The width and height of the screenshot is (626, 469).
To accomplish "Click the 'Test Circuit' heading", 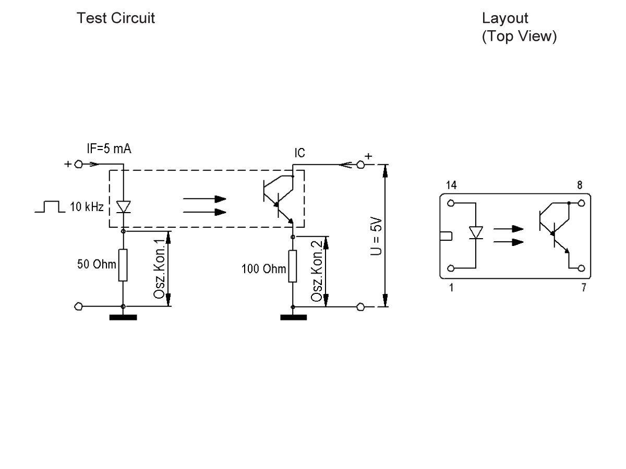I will [115, 19].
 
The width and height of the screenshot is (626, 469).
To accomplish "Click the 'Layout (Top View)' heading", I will [519, 28].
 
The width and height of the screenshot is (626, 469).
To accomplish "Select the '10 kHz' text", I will [87, 208].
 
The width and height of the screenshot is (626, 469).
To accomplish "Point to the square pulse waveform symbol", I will [49, 208].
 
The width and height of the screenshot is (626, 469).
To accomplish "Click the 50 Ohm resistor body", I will [123, 265].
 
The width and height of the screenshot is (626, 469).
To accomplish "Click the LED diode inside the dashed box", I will [123, 207].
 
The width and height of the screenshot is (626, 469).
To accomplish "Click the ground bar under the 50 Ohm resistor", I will [123, 317].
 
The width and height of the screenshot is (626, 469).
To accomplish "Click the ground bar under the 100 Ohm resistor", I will [293, 317].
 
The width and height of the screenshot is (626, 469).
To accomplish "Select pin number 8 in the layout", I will [581, 184].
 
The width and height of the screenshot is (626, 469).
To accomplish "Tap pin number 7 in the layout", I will [583, 288].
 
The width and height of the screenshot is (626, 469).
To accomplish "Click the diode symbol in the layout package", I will [476, 232].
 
